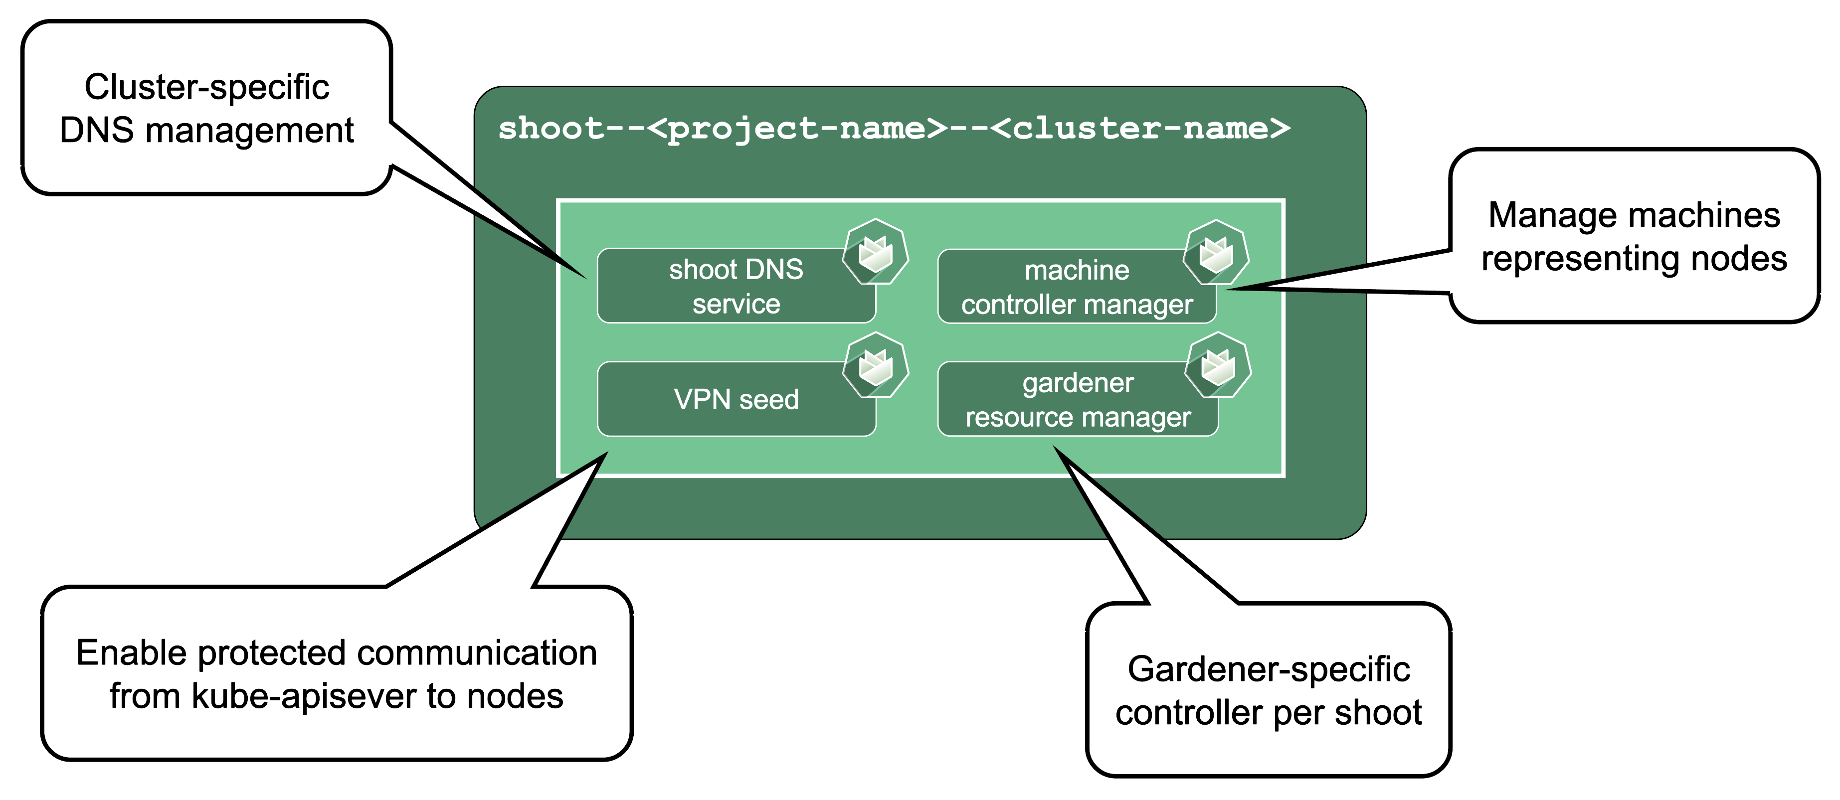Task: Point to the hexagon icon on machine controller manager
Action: (1216, 253)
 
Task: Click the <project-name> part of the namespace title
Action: (797, 129)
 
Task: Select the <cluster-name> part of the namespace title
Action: (1141, 129)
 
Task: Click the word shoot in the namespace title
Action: (551, 129)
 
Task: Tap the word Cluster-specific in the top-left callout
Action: (206, 87)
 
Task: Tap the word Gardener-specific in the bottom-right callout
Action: (1269, 669)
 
